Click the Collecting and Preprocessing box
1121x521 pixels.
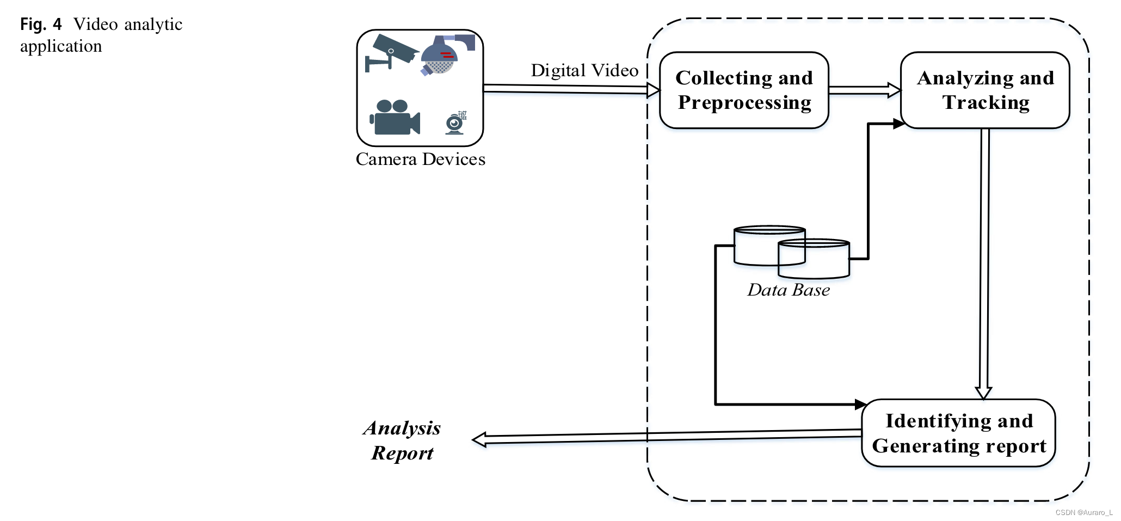(x=743, y=90)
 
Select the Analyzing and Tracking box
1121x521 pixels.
(x=985, y=90)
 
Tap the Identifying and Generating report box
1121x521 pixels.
(x=958, y=433)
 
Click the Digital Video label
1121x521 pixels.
(x=584, y=70)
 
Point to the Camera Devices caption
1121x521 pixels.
(x=420, y=159)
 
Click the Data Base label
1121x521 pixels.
(x=788, y=290)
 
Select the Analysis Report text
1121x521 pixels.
(x=402, y=440)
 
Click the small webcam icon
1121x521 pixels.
(x=455, y=123)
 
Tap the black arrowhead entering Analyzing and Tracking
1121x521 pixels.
(x=899, y=124)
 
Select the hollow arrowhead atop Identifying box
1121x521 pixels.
(x=983, y=393)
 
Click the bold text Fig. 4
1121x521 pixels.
(x=41, y=24)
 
